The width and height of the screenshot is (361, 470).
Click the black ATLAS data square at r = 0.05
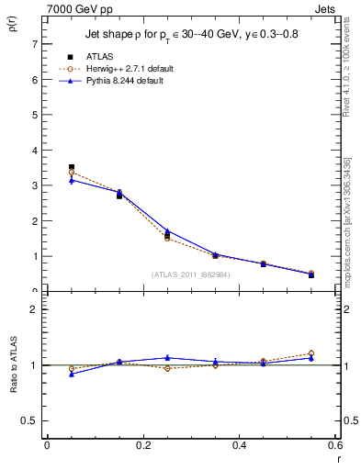pyautogui.click(x=72, y=167)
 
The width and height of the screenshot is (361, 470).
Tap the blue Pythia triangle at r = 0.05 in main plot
pyautogui.click(x=72, y=181)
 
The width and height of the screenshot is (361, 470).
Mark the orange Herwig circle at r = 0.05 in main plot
pyautogui.click(x=72, y=173)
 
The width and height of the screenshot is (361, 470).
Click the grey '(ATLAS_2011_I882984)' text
pyautogui.click(x=190, y=274)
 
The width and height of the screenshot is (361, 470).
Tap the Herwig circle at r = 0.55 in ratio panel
pyautogui.click(x=311, y=353)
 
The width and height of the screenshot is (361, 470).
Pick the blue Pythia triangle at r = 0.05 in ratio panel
pyautogui.click(x=72, y=374)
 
